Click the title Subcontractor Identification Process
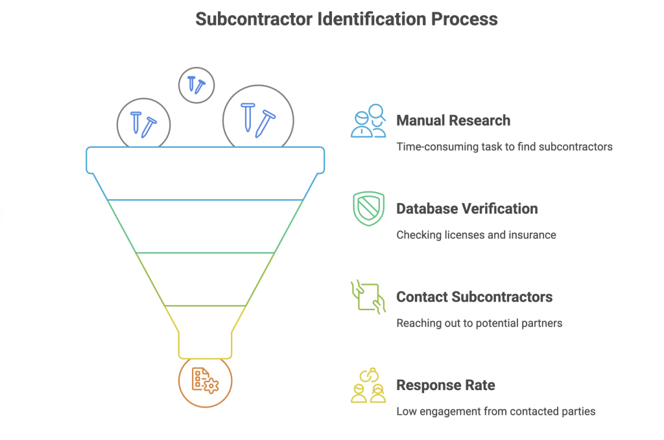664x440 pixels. tap(346, 19)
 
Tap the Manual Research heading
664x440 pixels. tap(453, 121)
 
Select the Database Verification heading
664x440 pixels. tap(467, 209)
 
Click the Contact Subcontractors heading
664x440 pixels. tap(474, 297)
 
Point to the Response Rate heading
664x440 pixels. tap(445, 385)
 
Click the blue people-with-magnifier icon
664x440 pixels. tap(368, 121)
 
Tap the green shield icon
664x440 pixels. tap(368, 209)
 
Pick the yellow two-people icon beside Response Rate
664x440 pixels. tap(368, 385)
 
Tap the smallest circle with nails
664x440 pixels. tap(196, 84)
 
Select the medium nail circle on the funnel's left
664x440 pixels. tap(143, 124)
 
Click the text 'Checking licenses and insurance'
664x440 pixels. tap(476, 235)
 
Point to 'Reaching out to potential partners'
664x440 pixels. tap(479, 323)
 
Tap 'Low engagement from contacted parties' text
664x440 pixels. tap(495, 411)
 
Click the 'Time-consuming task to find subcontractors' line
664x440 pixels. tap(504, 147)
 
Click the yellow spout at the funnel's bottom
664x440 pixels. tap(205, 344)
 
